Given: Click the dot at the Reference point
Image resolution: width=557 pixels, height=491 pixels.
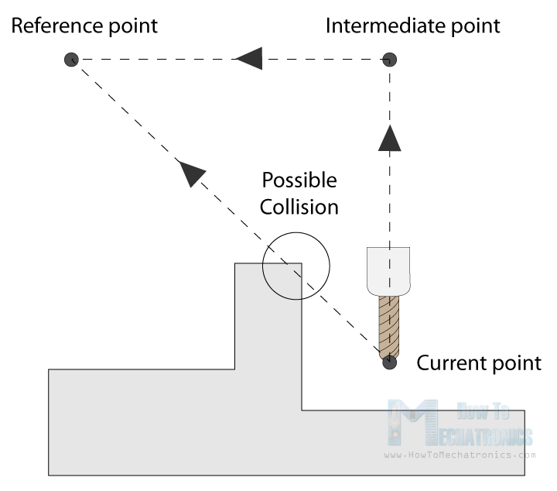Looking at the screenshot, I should (71, 59).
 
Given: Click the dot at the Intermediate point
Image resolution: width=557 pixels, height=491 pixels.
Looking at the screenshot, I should (390, 59).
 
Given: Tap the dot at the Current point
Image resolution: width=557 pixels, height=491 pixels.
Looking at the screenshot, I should (390, 361).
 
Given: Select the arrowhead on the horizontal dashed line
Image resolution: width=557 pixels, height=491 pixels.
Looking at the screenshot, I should (248, 59).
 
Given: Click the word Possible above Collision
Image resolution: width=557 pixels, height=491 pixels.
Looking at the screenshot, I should (299, 180).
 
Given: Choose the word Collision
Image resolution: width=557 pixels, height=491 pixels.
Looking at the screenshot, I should (299, 207).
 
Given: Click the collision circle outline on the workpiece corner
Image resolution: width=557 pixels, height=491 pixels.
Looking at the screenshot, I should (329, 265).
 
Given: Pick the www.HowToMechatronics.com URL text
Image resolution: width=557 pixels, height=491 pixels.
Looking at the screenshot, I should (459, 455).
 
